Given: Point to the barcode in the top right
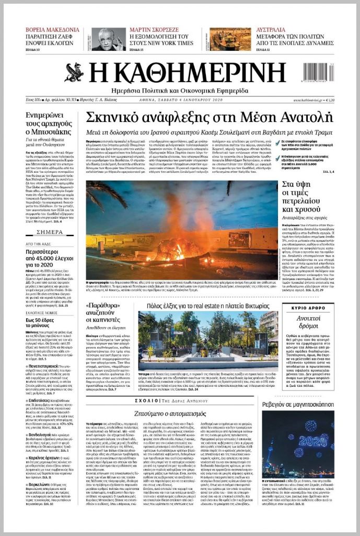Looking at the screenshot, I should tap(317, 72).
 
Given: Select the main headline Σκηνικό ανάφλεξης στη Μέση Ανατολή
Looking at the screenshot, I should tap(209, 117).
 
